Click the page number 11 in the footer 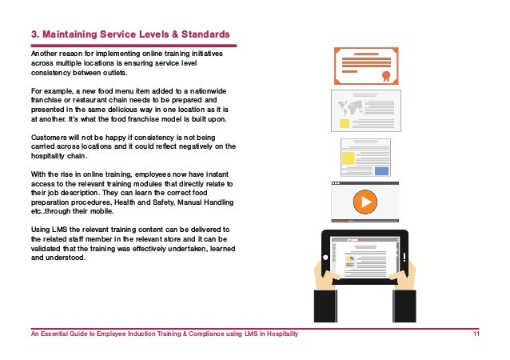[x=476, y=334]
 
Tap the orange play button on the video [x=365, y=202]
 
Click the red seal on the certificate [x=386, y=77]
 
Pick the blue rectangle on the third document [x=381, y=170]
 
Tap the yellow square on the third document [x=348, y=158]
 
